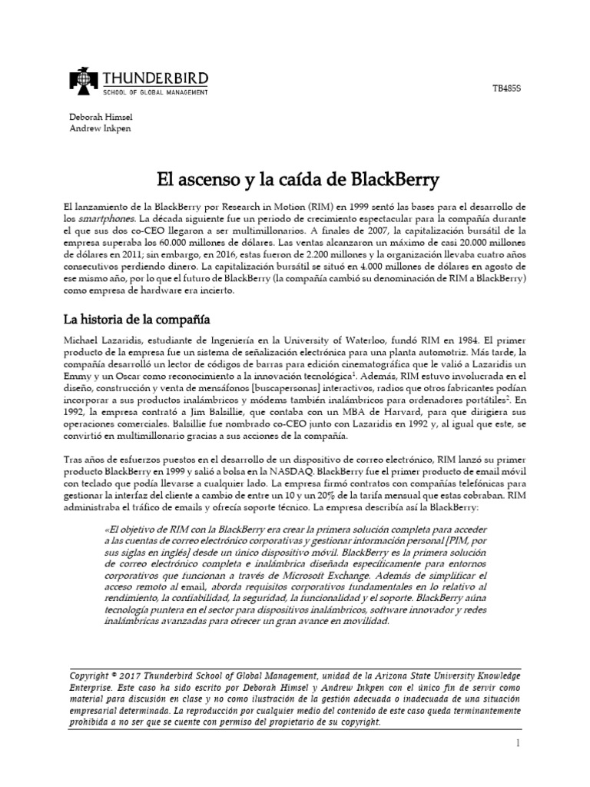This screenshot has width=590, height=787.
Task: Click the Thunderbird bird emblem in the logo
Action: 83,81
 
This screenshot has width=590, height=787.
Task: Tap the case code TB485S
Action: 507,90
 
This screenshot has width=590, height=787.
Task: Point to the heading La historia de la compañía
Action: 137,318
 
